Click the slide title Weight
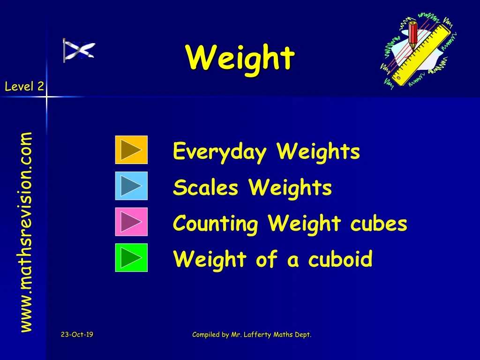coord(240,58)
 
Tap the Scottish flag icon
coord(79,51)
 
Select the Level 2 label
coord(24,86)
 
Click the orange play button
coord(131,150)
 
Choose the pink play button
coord(131,222)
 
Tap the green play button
coord(131,258)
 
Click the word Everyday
coord(219,152)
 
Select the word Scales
coord(205,188)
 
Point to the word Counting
coord(215,224)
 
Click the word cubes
coord(378,224)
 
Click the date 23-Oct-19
coord(77,335)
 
